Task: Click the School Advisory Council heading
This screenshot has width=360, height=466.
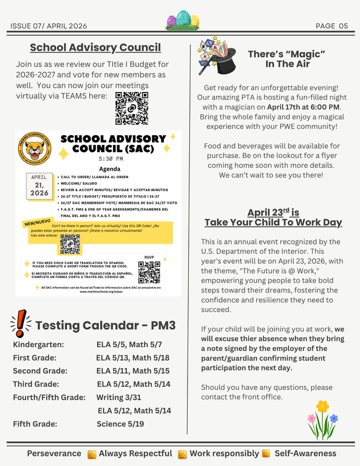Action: [x=95, y=47]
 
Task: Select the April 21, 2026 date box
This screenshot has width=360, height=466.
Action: [x=39, y=185]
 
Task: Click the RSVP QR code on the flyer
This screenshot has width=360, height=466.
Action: [x=149, y=272]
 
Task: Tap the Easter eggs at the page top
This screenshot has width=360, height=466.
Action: [x=183, y=22]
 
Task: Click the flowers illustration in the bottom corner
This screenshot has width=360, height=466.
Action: [x=322, y=421]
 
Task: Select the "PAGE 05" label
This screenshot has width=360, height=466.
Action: [x=331, y=26]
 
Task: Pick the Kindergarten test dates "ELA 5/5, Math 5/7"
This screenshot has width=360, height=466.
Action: [x=129, y=345]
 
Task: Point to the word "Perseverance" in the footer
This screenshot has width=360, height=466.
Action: [x=54, y=453]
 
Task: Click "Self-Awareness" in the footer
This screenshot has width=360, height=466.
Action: [x=305, y=453]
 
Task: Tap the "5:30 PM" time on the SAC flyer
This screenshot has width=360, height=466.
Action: [x=111, y=158]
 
